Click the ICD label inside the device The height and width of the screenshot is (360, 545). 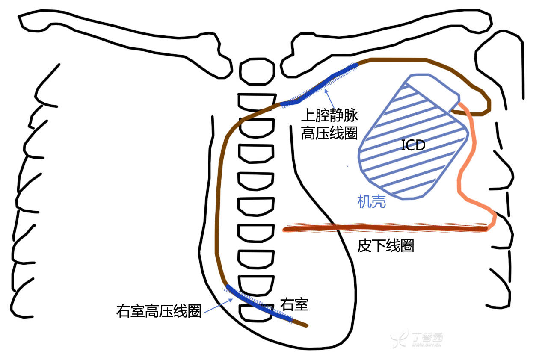[x=413, y=145]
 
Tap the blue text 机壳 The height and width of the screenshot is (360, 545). [x=372, y=201]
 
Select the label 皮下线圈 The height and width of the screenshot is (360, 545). [x=385, y=246]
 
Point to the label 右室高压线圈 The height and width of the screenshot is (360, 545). [x=159, y=311]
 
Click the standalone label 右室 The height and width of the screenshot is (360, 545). [x=294, y=304]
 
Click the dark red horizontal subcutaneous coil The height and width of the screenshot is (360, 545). [x=385, y=229]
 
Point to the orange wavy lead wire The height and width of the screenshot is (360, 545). [x=464, y=171]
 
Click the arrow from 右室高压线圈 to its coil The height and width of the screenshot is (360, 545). [x=218, y=306]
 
